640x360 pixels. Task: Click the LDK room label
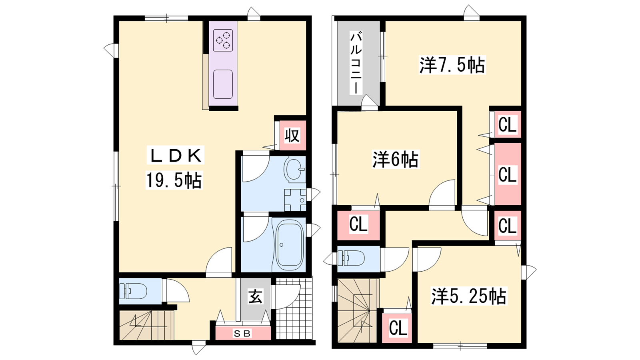click(175, 156)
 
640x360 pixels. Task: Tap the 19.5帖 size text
click(174, 180)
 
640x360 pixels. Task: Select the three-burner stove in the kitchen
click(223, 40)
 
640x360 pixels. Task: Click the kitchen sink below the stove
click(223, 84)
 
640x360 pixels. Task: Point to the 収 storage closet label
click(292, 136)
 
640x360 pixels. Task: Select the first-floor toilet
click(133, 291)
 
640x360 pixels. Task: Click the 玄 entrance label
click(255, 296)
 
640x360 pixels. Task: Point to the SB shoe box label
click(242, 333)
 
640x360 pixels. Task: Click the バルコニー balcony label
click(356, 64)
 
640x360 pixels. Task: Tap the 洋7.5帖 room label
click(452, 66)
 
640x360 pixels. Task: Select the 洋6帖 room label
click(396, 160)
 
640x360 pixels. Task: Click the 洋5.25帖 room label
click(469, 296)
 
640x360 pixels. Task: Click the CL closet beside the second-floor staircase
click(398, 328)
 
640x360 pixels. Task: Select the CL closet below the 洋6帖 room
click(358, 224)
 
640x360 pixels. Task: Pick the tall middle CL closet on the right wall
click(508, 174)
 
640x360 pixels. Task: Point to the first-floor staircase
click(146, 325)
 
